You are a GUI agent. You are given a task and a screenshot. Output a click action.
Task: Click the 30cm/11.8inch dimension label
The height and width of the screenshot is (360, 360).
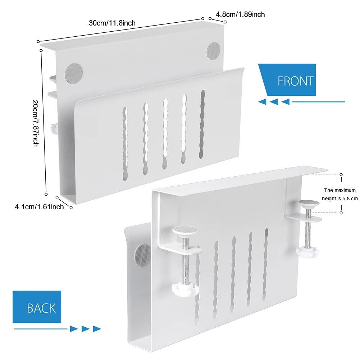(x=112, y=23)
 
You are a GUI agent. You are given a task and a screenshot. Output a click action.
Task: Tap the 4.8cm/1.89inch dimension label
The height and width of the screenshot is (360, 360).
(x=240, y=14)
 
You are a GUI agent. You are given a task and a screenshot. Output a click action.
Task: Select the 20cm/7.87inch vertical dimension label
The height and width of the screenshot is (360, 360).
(x=35, y=122)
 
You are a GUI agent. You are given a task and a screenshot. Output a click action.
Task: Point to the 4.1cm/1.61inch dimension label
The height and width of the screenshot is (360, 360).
(x=39, y=206)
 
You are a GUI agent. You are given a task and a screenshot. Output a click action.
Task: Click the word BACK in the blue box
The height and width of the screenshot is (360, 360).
(x=41, y=308)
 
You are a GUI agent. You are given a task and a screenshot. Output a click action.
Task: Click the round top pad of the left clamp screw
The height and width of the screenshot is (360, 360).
(x=185, y=230)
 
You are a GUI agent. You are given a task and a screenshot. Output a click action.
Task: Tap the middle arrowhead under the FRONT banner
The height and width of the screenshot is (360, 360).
(x=274, y=102)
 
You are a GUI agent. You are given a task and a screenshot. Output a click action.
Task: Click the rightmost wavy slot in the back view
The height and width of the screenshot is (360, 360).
(x=266, y=263)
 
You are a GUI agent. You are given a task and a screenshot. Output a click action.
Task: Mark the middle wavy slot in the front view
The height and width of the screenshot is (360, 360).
(x=165, y=133)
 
